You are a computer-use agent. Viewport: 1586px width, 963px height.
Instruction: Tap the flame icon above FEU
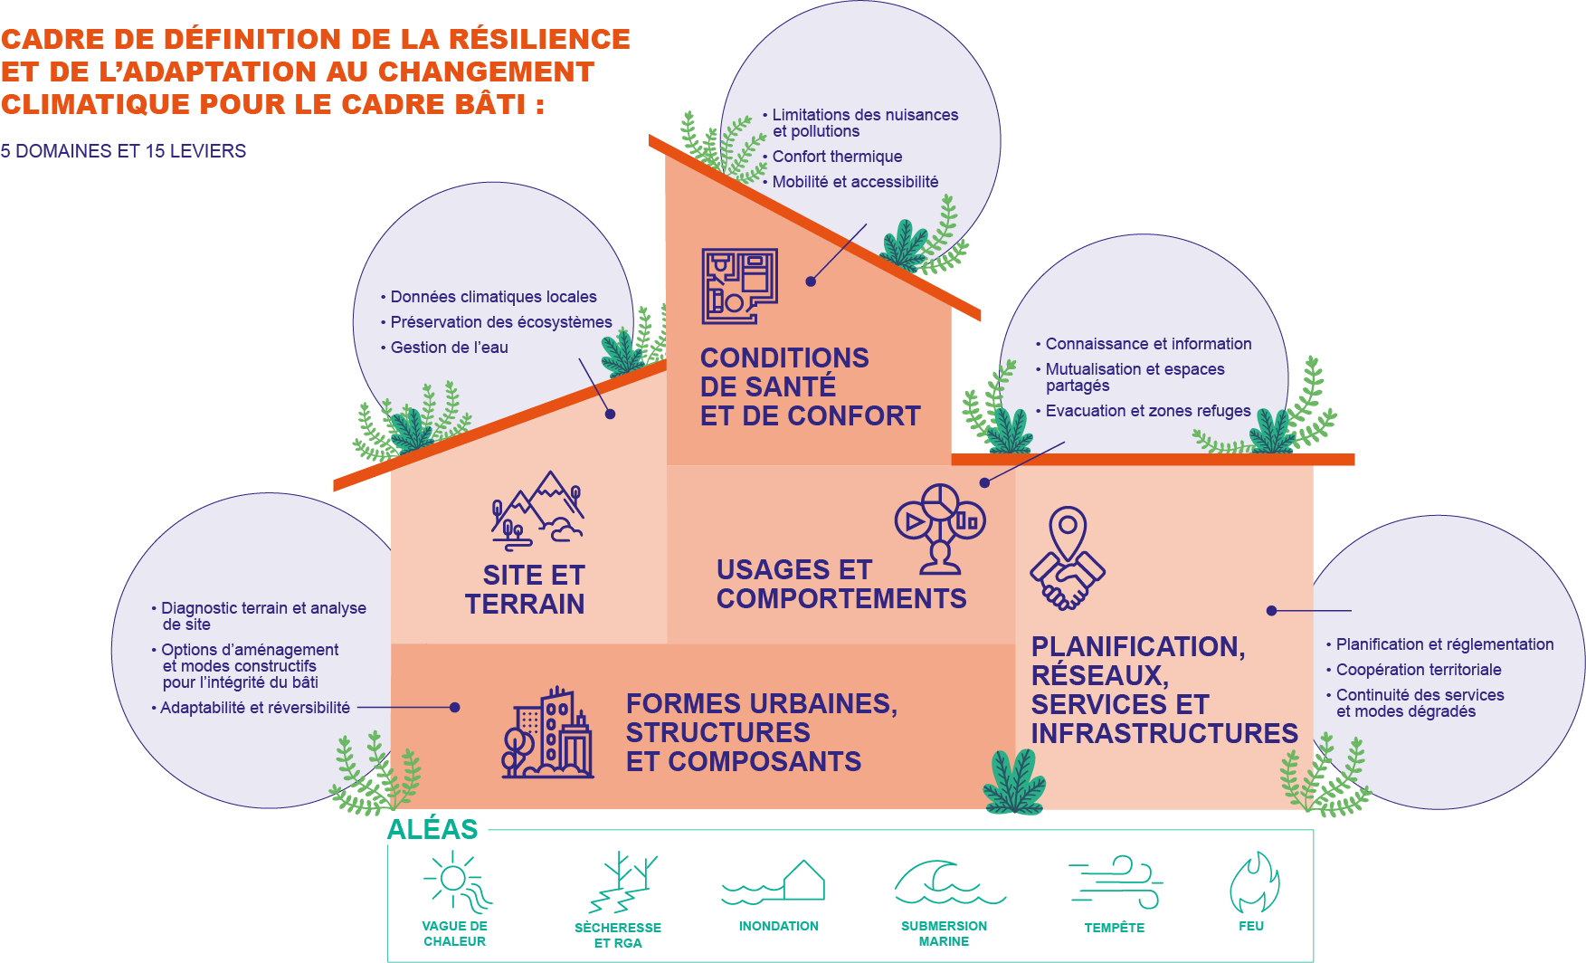1254,882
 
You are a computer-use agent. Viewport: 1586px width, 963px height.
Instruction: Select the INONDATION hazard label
778,926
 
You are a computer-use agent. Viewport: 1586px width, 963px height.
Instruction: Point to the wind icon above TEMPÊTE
1116,882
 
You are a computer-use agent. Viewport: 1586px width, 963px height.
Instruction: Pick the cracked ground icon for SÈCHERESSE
622,882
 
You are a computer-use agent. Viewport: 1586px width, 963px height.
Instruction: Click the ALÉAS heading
432,829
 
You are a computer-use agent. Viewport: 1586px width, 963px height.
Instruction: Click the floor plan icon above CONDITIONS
739,286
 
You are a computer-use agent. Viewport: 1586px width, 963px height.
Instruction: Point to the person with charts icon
940,529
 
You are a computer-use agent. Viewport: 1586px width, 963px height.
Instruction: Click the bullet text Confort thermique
837,157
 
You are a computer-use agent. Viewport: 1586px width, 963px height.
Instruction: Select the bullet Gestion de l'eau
449,348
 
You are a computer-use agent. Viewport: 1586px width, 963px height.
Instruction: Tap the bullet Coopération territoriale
1418,670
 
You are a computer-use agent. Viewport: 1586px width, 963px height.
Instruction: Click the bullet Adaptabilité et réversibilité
254,708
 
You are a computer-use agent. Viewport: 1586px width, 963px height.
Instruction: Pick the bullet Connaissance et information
1148,344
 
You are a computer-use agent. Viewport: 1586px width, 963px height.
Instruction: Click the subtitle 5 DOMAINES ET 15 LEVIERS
123,151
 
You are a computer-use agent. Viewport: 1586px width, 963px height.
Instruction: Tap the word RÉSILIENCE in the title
539,39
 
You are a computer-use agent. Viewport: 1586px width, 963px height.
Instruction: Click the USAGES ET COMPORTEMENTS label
840,584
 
